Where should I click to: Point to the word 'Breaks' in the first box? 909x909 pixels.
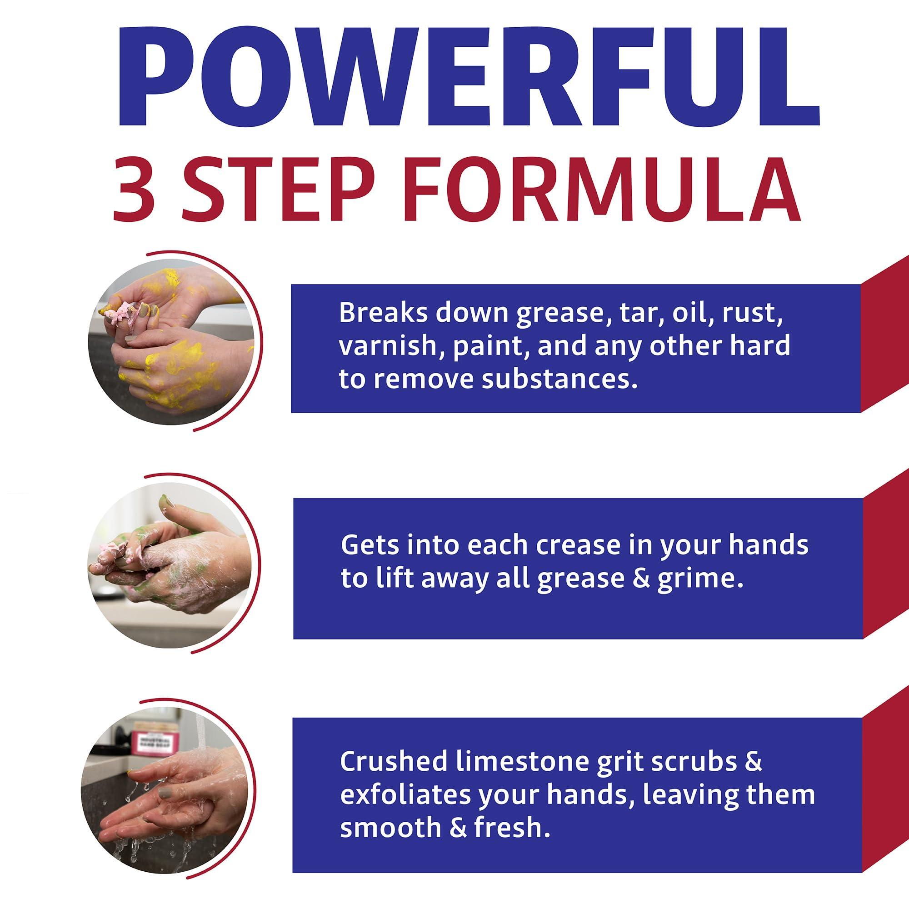tap(383, 312)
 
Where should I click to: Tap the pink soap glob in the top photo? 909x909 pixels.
tap(125, 311)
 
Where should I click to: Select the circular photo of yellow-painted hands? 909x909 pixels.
tap(172, 342)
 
